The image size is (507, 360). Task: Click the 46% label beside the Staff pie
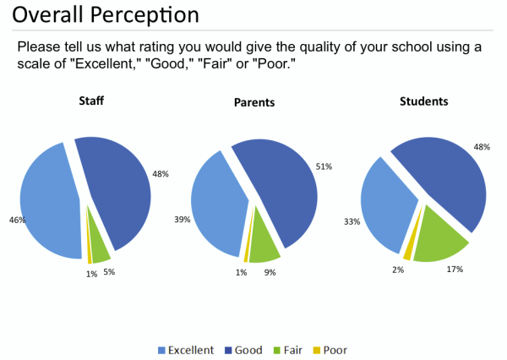point(17,220)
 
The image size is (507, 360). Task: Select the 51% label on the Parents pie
point(324,166)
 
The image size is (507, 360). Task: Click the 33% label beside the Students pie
point(352,222)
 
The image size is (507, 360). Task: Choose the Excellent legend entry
point(186,350)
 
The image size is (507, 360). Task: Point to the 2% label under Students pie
point(398,270)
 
